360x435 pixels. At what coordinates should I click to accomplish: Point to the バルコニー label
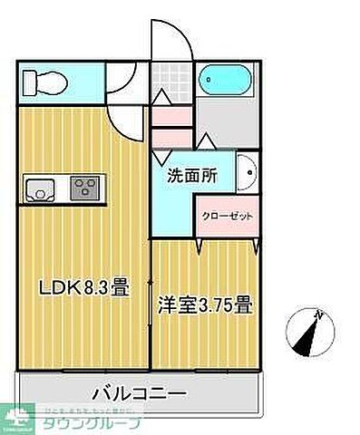click(139, 394)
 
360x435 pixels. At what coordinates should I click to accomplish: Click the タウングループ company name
click(102, 422)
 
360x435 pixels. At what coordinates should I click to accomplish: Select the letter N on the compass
click(318, 315)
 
